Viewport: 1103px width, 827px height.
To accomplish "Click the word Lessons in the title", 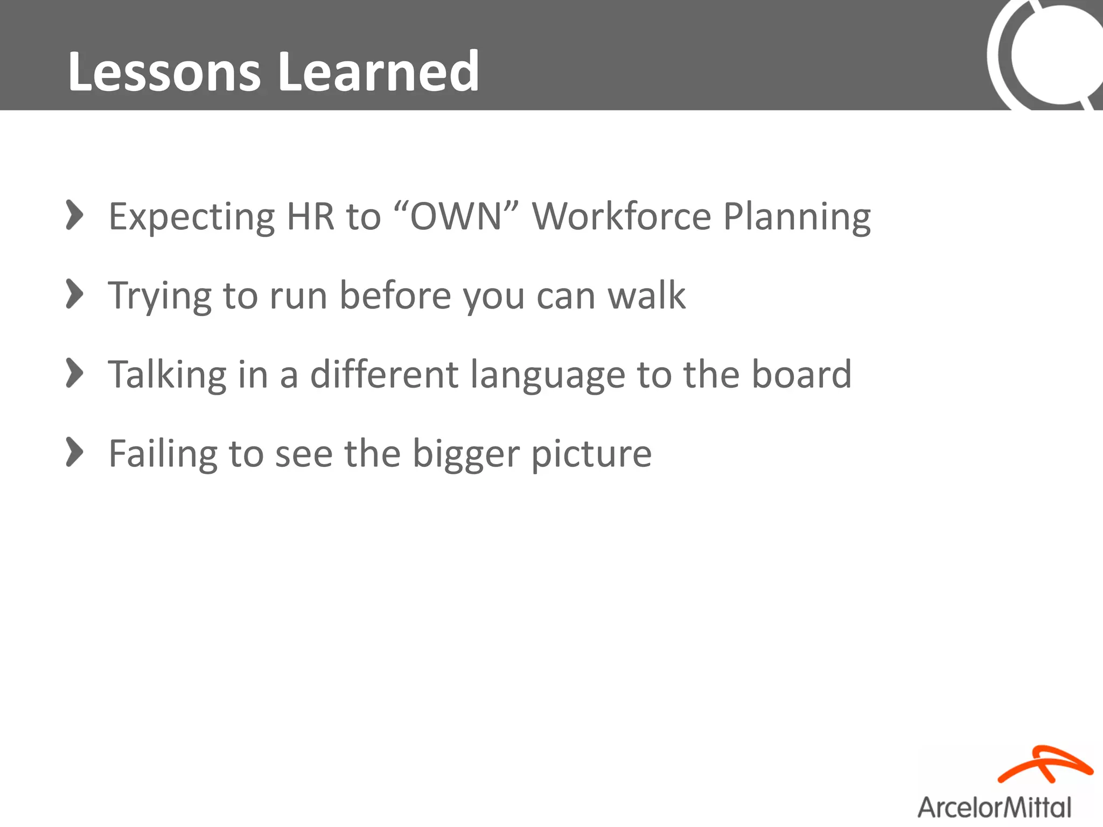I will click(164, 72).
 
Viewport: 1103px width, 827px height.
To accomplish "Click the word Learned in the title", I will click(378, 72).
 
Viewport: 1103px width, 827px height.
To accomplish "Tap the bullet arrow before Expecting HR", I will click(74, 215).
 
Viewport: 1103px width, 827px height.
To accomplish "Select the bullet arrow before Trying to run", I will click(74, 295).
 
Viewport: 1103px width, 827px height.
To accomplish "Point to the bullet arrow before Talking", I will click(74, 373).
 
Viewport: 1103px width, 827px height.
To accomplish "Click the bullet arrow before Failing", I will click(74, 452).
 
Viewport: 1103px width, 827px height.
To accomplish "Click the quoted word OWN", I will click(456, 216).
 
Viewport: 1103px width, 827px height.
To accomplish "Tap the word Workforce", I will click(621, 216).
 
